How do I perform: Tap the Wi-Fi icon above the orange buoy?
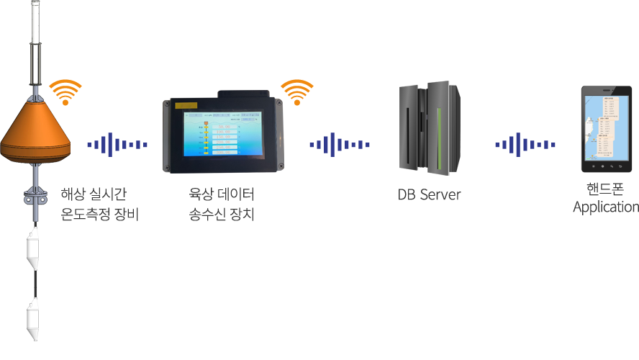(x=65, y=92)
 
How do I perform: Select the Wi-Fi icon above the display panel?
(x=296, y=92)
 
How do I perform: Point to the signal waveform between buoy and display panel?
(x=117, y=145)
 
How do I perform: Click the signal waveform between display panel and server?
(x=340, y=145)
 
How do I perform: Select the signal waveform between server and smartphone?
(x=525, y=145)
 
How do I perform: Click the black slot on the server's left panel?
(x=410, y=130)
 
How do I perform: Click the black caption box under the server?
(x=430, y=194)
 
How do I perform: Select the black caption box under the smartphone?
(x=605, y=199)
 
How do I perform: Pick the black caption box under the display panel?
(x=221, y=204)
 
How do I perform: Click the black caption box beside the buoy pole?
(x=99, y=204)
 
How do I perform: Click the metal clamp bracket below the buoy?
(x=34, y=197)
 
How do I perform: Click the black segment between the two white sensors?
(x=32, y=284)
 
